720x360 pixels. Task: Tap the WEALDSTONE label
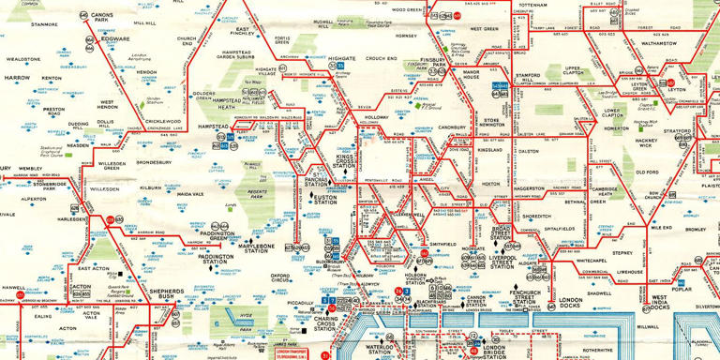[23, 58]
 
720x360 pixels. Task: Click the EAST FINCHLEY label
[241, 33]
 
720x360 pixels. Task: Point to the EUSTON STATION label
[326, 199]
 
